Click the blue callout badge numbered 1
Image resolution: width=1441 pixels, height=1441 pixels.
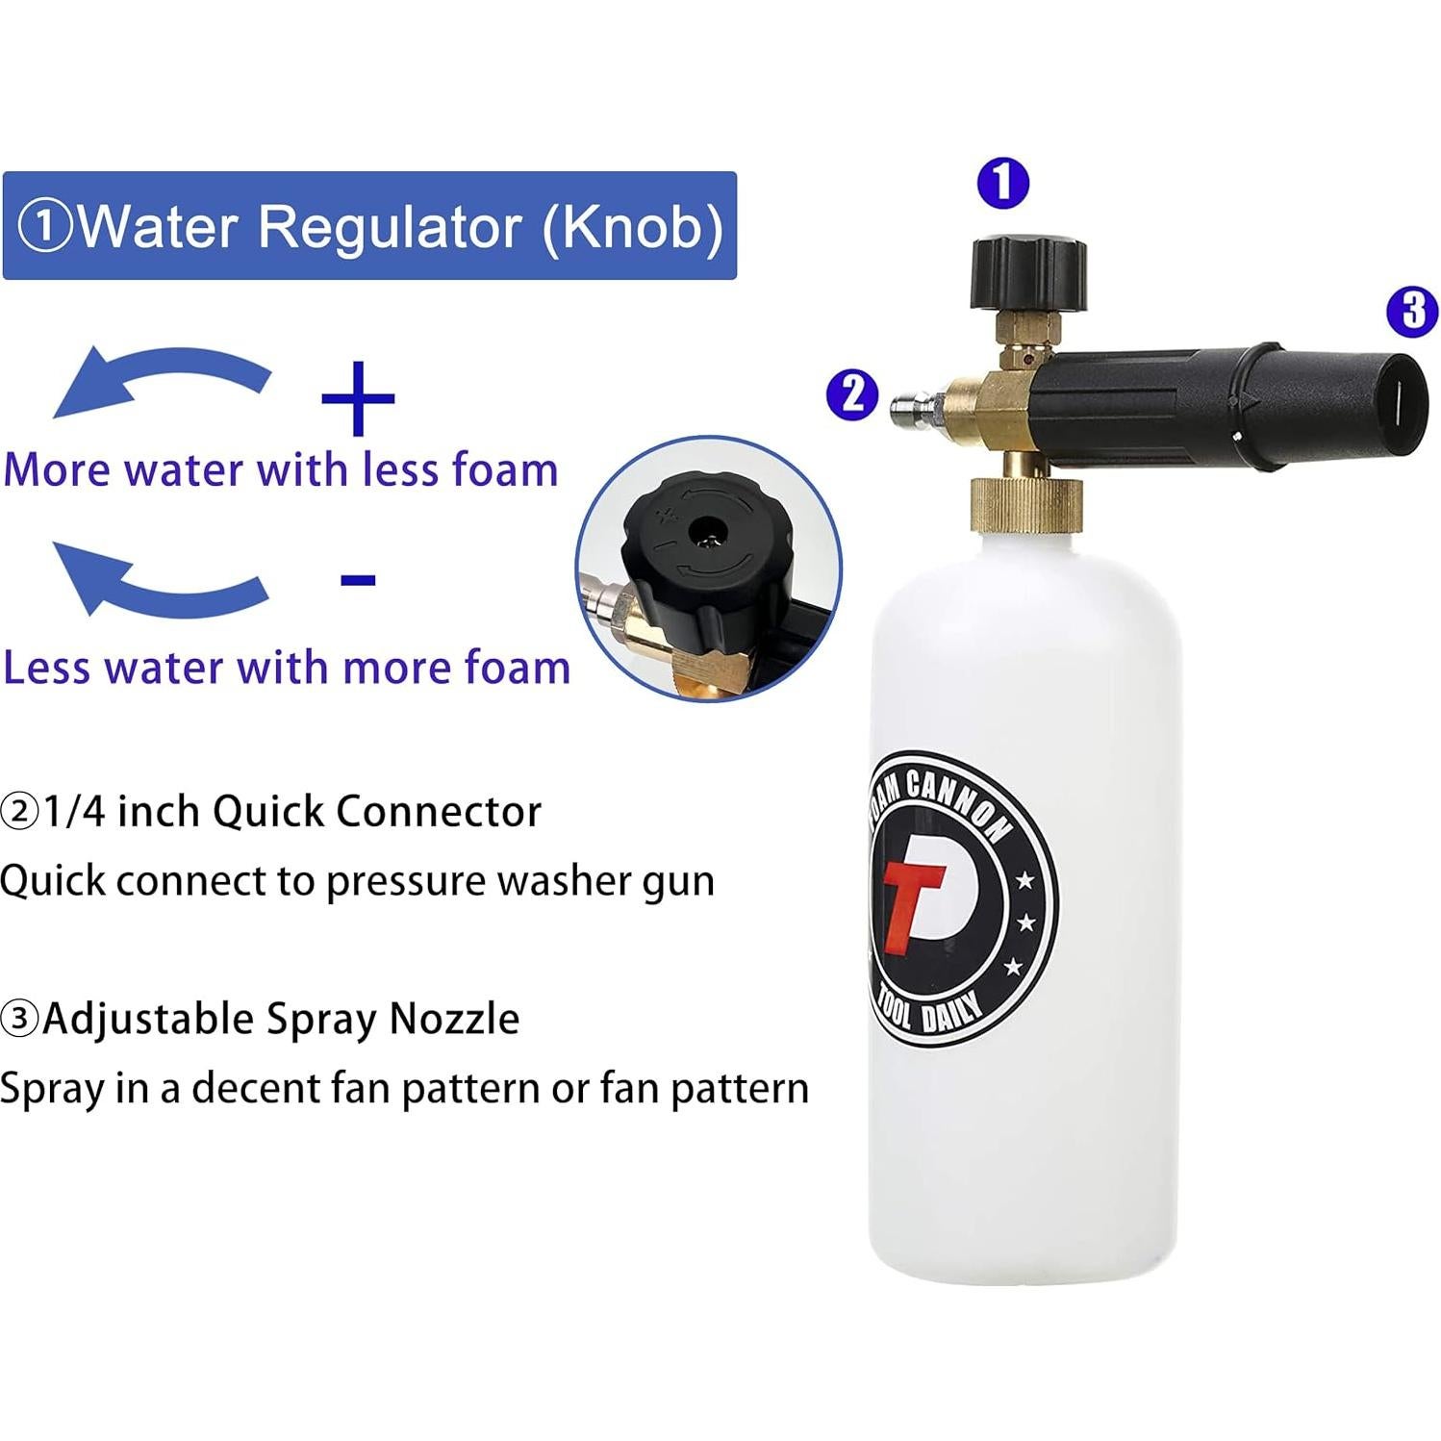pyautogui.click(x=1002, y=183)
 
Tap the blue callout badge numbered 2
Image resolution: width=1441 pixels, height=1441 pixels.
pyautogui.click(x=852, y=394)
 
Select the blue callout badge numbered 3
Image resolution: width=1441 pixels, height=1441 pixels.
pyautogui.click(x=1412, y=311)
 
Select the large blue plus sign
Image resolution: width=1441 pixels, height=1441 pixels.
pyautogui.click(x=358, y=397)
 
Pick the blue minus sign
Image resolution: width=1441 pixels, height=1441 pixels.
pyautogui.click(x=358, y=579)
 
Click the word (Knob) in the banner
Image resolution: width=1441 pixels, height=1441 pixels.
pyautogui.click(x=632, y=227)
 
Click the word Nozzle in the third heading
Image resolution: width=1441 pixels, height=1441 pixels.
pyautogui.click(x=454, y=1019)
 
